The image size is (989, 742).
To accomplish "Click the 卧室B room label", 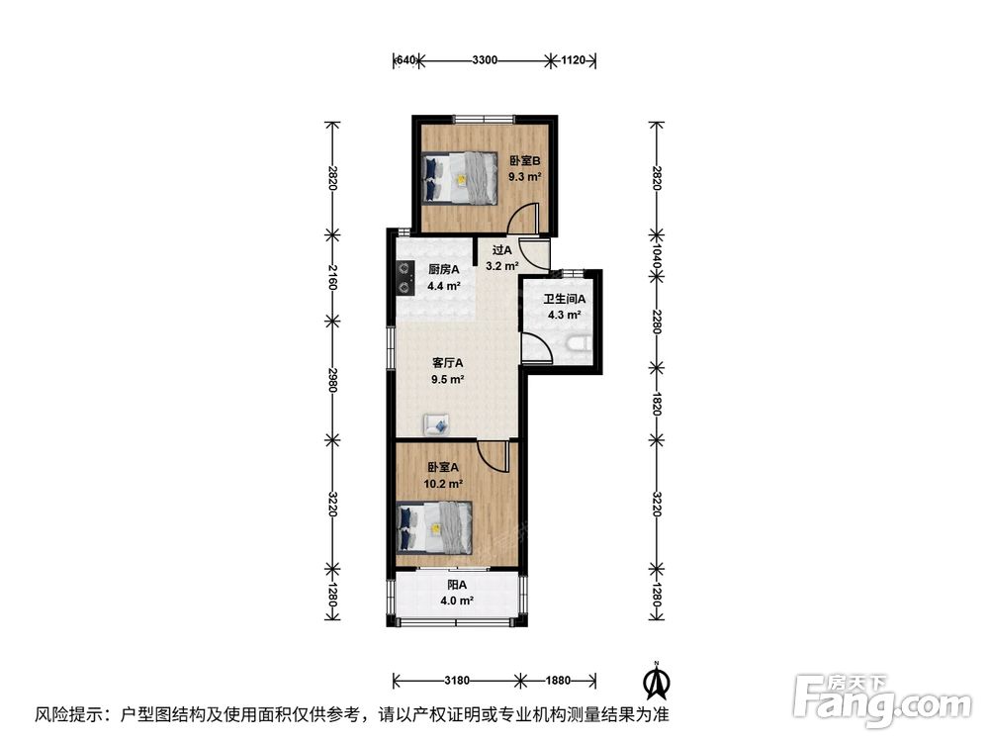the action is tap(525, 161).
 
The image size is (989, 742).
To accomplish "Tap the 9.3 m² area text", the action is tap(525, 177).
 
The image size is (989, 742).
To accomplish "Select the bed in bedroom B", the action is tap(460, 178).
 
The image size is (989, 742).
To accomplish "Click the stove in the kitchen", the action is tap(404, 278).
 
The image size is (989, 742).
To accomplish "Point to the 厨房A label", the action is tap(444, 269).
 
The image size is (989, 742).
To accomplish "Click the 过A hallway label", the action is tap(502, 250).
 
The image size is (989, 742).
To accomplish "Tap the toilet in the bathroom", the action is tap(579, 344).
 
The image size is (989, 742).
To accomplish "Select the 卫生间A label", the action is tap(565, 299).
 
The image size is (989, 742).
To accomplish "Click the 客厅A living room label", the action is tap(447, 363).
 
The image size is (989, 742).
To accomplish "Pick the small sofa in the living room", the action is tap(436, 424).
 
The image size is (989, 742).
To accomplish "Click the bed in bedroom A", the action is tap(434, 528).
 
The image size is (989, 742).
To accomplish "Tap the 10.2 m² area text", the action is tap(443, 484).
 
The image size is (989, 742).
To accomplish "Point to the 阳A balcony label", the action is tap(457, 585).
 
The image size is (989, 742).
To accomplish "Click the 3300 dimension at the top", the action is tap(485, 60).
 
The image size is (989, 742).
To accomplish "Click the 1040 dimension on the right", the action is tap(656, 257).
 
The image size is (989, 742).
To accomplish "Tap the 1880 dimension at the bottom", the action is tap(558, 681).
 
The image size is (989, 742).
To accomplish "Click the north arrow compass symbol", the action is tap(657, 681).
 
